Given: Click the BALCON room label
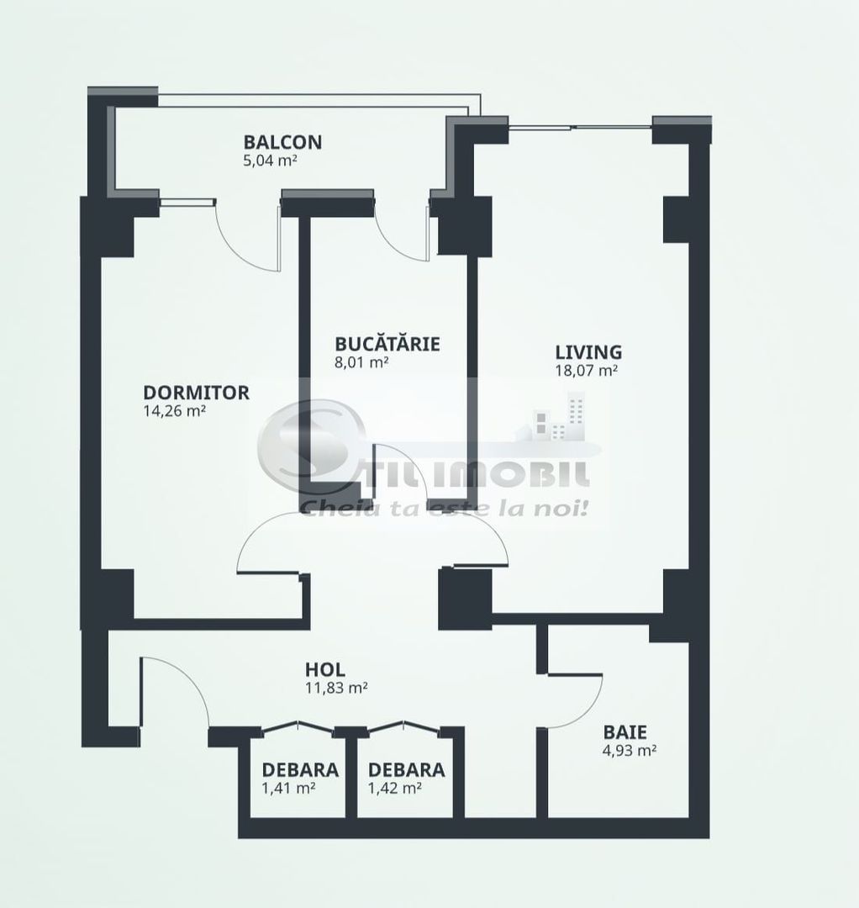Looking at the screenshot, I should click(x=282, y=141).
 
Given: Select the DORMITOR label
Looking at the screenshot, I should click(x=196, y=393).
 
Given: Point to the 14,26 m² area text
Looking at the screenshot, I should click(x=175, y=411).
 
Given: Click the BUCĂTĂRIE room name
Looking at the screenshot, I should click(x=387, y=344).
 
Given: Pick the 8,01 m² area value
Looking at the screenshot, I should click(x=361, y=362).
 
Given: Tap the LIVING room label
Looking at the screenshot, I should click(x=588, y=351).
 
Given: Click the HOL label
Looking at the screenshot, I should click(x=324, y=670).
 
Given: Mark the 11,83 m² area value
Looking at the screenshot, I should click(x=336, y=688).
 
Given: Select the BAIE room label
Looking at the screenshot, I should click(x=623, y=732).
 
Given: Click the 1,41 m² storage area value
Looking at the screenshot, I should click(x=288, y=788).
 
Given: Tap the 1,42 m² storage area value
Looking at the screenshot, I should click(x=394, y=788).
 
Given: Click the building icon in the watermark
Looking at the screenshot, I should click(x=561, y=420).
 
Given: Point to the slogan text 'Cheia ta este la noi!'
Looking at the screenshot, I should click(x=443, y=508).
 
